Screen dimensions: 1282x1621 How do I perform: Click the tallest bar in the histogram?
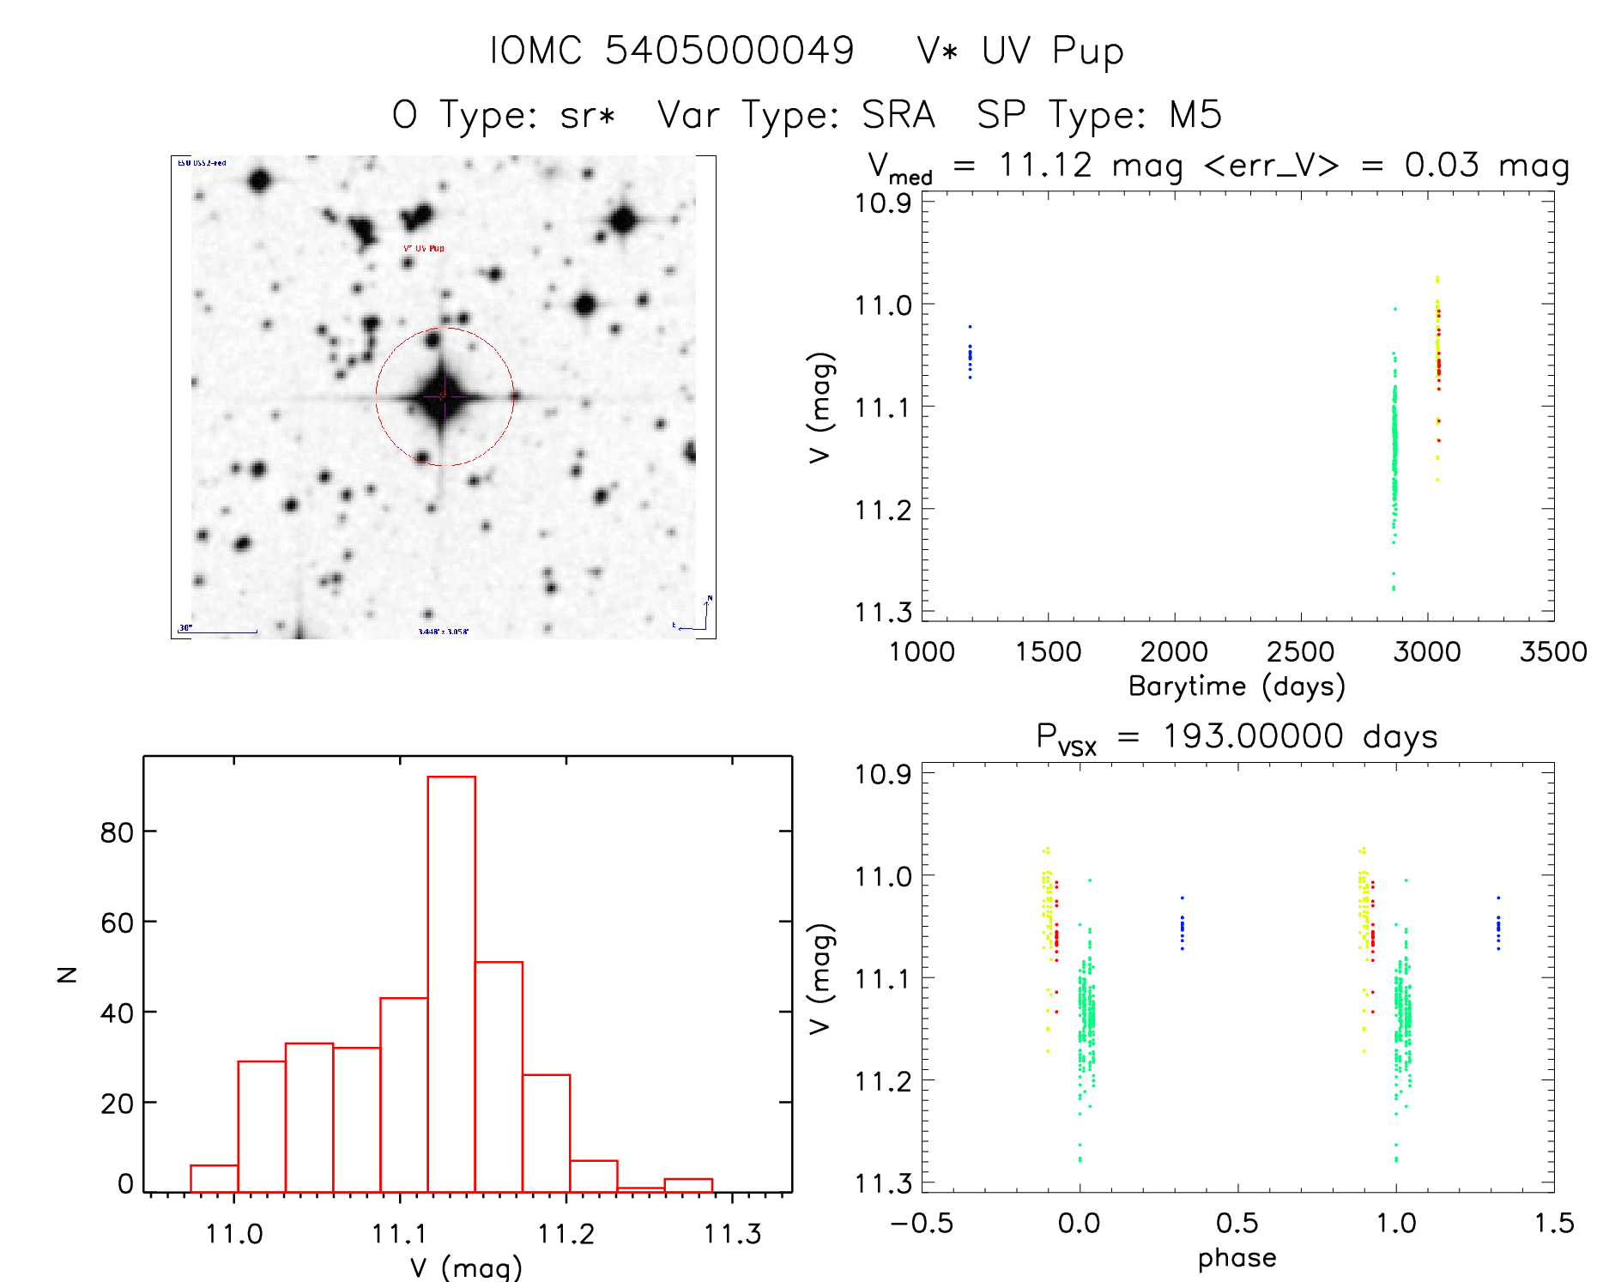(x=451, y=983)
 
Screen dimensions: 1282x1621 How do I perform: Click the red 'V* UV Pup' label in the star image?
(x=424, y=248)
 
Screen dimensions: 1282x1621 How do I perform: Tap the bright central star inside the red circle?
(x=442, y=396)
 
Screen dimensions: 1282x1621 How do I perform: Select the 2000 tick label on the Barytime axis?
(x=1173, y=651)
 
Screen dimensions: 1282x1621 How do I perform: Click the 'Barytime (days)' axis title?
(x=1237, y=686)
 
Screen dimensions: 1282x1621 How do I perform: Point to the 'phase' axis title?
(x=1237, y=1258)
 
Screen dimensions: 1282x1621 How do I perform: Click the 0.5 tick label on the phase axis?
(x=1237, y=1223)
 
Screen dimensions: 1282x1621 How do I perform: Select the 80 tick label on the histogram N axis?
(x=117, y=831)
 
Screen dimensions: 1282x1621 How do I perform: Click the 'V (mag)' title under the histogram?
(x=466, y=1267)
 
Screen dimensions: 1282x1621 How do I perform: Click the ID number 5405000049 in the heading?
(x=729, y=51)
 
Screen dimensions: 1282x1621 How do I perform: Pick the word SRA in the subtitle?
(x=898, y=115)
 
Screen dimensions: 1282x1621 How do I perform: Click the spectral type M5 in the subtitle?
(x=1195, y=115)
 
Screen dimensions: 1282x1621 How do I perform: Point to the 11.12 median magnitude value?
(x=1045, y=165)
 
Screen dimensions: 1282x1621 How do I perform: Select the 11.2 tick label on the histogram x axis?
(x=566, y=1234)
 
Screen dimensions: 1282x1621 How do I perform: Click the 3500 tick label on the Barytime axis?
(x=1552, y=651)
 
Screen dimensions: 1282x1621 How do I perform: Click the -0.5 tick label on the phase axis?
(x=922, y=1223)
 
